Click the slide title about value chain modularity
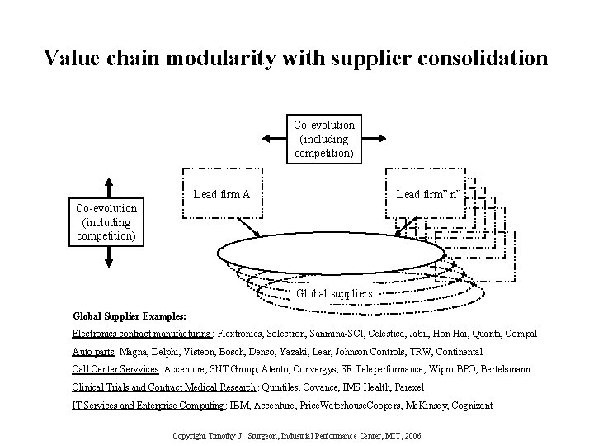[x=295, y=58]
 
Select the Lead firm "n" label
[x=429, y=195]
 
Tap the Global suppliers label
[x=334, y=293]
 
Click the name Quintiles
[x=286, y=387]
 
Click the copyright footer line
[x=295, y=434]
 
